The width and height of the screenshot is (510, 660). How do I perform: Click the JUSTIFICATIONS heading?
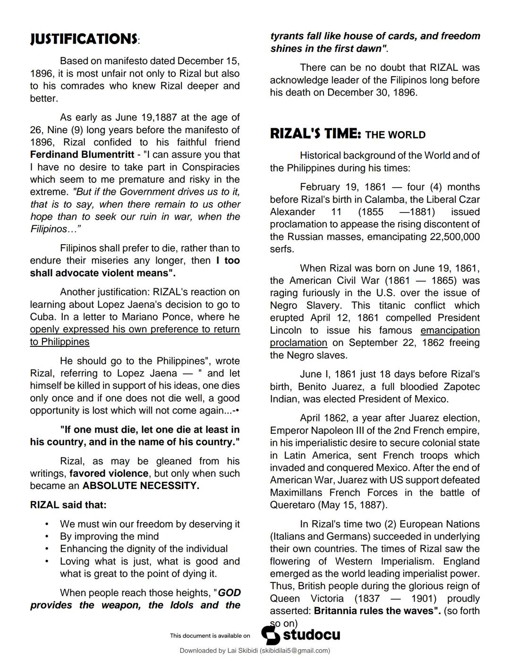click(x=84, y=39)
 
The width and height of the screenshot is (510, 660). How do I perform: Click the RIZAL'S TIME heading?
click(x=315, y=134)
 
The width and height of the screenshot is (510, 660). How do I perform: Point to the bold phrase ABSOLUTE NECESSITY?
click(x=140, y=486)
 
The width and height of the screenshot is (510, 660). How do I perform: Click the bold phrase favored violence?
click(x=109, y=473)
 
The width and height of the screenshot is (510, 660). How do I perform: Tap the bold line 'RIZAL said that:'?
click(x=68, y=505)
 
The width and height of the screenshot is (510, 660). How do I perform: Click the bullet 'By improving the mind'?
click(x=109, y=536)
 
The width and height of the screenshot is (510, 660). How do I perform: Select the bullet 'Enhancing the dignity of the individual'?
click(x=144, y=549)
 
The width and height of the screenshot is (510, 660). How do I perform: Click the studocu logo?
click(x=301, y=635)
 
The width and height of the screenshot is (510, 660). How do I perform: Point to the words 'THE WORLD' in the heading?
click(x=395, y=135)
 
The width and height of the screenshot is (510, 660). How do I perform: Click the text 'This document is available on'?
click(x=210, y=636)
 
